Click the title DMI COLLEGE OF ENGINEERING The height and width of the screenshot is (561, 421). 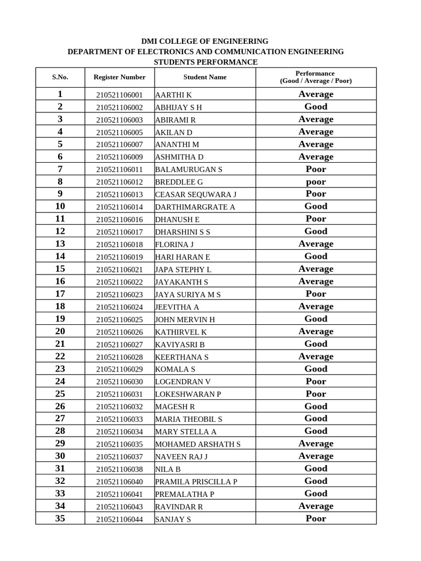[x=205, y=41]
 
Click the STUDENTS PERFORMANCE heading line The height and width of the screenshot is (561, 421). [x=205, y=62]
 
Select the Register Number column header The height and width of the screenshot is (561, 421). [x=120, y=77]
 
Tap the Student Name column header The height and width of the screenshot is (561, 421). [x=205, y=77]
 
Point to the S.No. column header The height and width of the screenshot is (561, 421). [x=60, y=77]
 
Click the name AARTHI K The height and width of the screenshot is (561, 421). [x=173, y=95]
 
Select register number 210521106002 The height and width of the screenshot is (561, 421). [x=120, y=107]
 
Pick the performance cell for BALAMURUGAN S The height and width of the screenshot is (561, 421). [x=316, y=169]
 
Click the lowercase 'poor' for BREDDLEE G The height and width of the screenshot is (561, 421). [x=316, y=182]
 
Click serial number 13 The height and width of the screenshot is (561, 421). [x=60, y=244]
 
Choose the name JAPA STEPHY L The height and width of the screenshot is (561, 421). [x=183, y=270]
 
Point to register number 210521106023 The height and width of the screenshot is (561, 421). [x=120, y=294]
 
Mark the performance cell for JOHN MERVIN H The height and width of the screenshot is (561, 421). [x=316, y=319]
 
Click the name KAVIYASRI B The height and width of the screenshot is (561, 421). [x=180, y=345]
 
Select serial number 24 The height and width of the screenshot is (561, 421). [x=60, y=381]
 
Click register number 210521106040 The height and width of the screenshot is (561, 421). [x=120, y=482]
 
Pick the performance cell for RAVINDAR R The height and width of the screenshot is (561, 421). [x=316, y=506]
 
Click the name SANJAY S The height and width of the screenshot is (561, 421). [x=173, y=519]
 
